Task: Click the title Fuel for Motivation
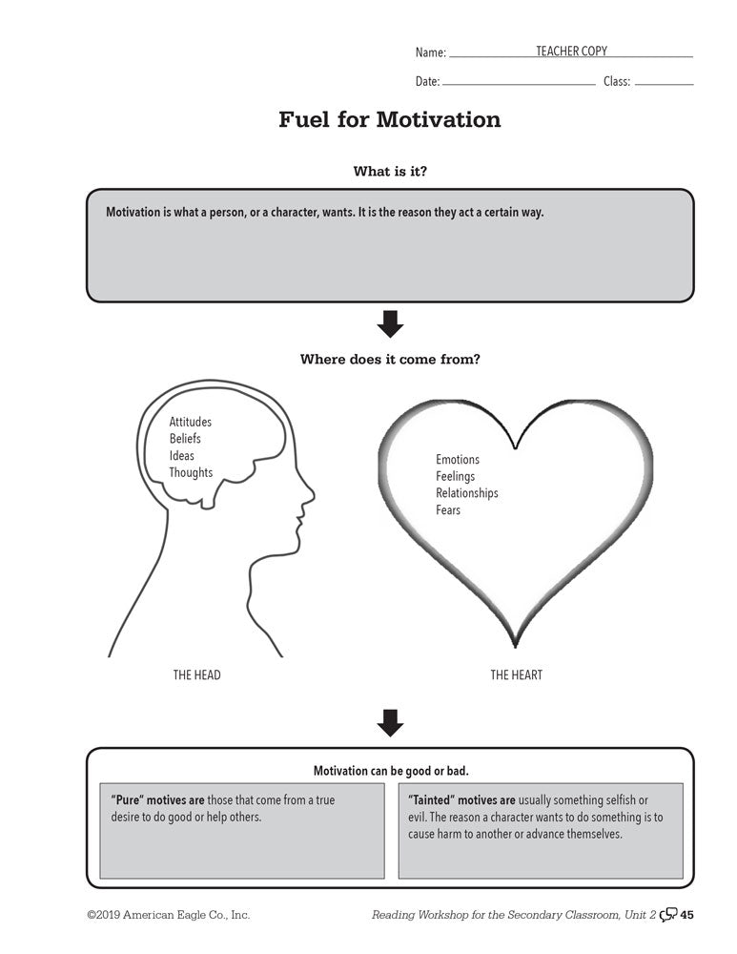point(389,120)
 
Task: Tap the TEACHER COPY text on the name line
point(571,52)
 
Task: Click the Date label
point(427,82)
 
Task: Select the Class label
point(617,82)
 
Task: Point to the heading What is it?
point(390,172)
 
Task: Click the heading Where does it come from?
point(390,360)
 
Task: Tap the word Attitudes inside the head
point(191,422)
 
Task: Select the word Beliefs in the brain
point(185,439)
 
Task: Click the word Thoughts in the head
point(191,472)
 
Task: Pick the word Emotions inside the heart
point(458,460)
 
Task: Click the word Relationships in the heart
point(467,493)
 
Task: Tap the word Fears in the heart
point(448,510)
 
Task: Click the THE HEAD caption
point(196,675)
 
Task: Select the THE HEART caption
point(516,675)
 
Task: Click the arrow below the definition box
point(390,324)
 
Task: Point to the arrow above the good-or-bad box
point(390,723)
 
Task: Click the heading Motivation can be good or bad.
point(391,771)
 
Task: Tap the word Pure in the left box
point(129,800)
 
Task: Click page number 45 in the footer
point(686,916)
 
